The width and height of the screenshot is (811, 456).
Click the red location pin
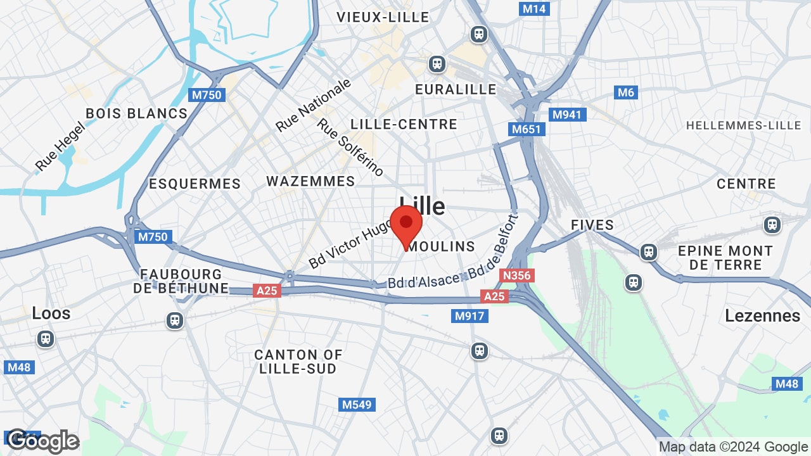tap(406, 225)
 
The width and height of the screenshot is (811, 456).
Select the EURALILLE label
tap(456, 89)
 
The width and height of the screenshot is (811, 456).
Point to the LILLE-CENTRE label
tap(404, 124)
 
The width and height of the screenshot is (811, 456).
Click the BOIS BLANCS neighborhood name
tap(136, 113)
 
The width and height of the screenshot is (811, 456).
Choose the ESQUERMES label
tap(195, 184)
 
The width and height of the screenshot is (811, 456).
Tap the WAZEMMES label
tap(310, 181)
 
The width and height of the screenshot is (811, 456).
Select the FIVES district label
tap(592, 225)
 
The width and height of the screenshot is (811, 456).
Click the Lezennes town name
tap(762, 315)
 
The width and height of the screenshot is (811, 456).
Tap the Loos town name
tap(51, 313)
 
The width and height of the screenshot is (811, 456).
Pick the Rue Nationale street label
tap(313, 106)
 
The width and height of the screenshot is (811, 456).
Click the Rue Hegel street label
tap(60, 146)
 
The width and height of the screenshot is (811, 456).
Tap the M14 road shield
tap(533, 9)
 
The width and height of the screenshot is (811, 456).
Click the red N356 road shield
tap(516, 275)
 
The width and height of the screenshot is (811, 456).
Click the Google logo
tap(42, 441)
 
